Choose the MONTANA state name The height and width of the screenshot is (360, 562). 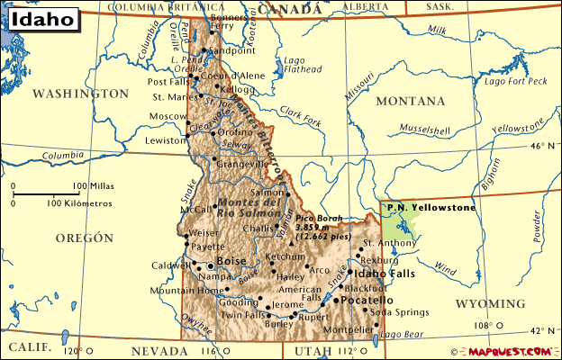click(410, 102)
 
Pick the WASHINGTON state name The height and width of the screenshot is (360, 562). click(81, 94)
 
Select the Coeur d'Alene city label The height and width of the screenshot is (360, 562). click(232, 76)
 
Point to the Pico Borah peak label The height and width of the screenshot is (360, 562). click(319, 220)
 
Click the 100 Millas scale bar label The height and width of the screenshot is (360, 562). click(76, 185)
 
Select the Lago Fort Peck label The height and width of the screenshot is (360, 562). click(515, 81)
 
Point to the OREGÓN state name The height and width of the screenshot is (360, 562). click(84, 238)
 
